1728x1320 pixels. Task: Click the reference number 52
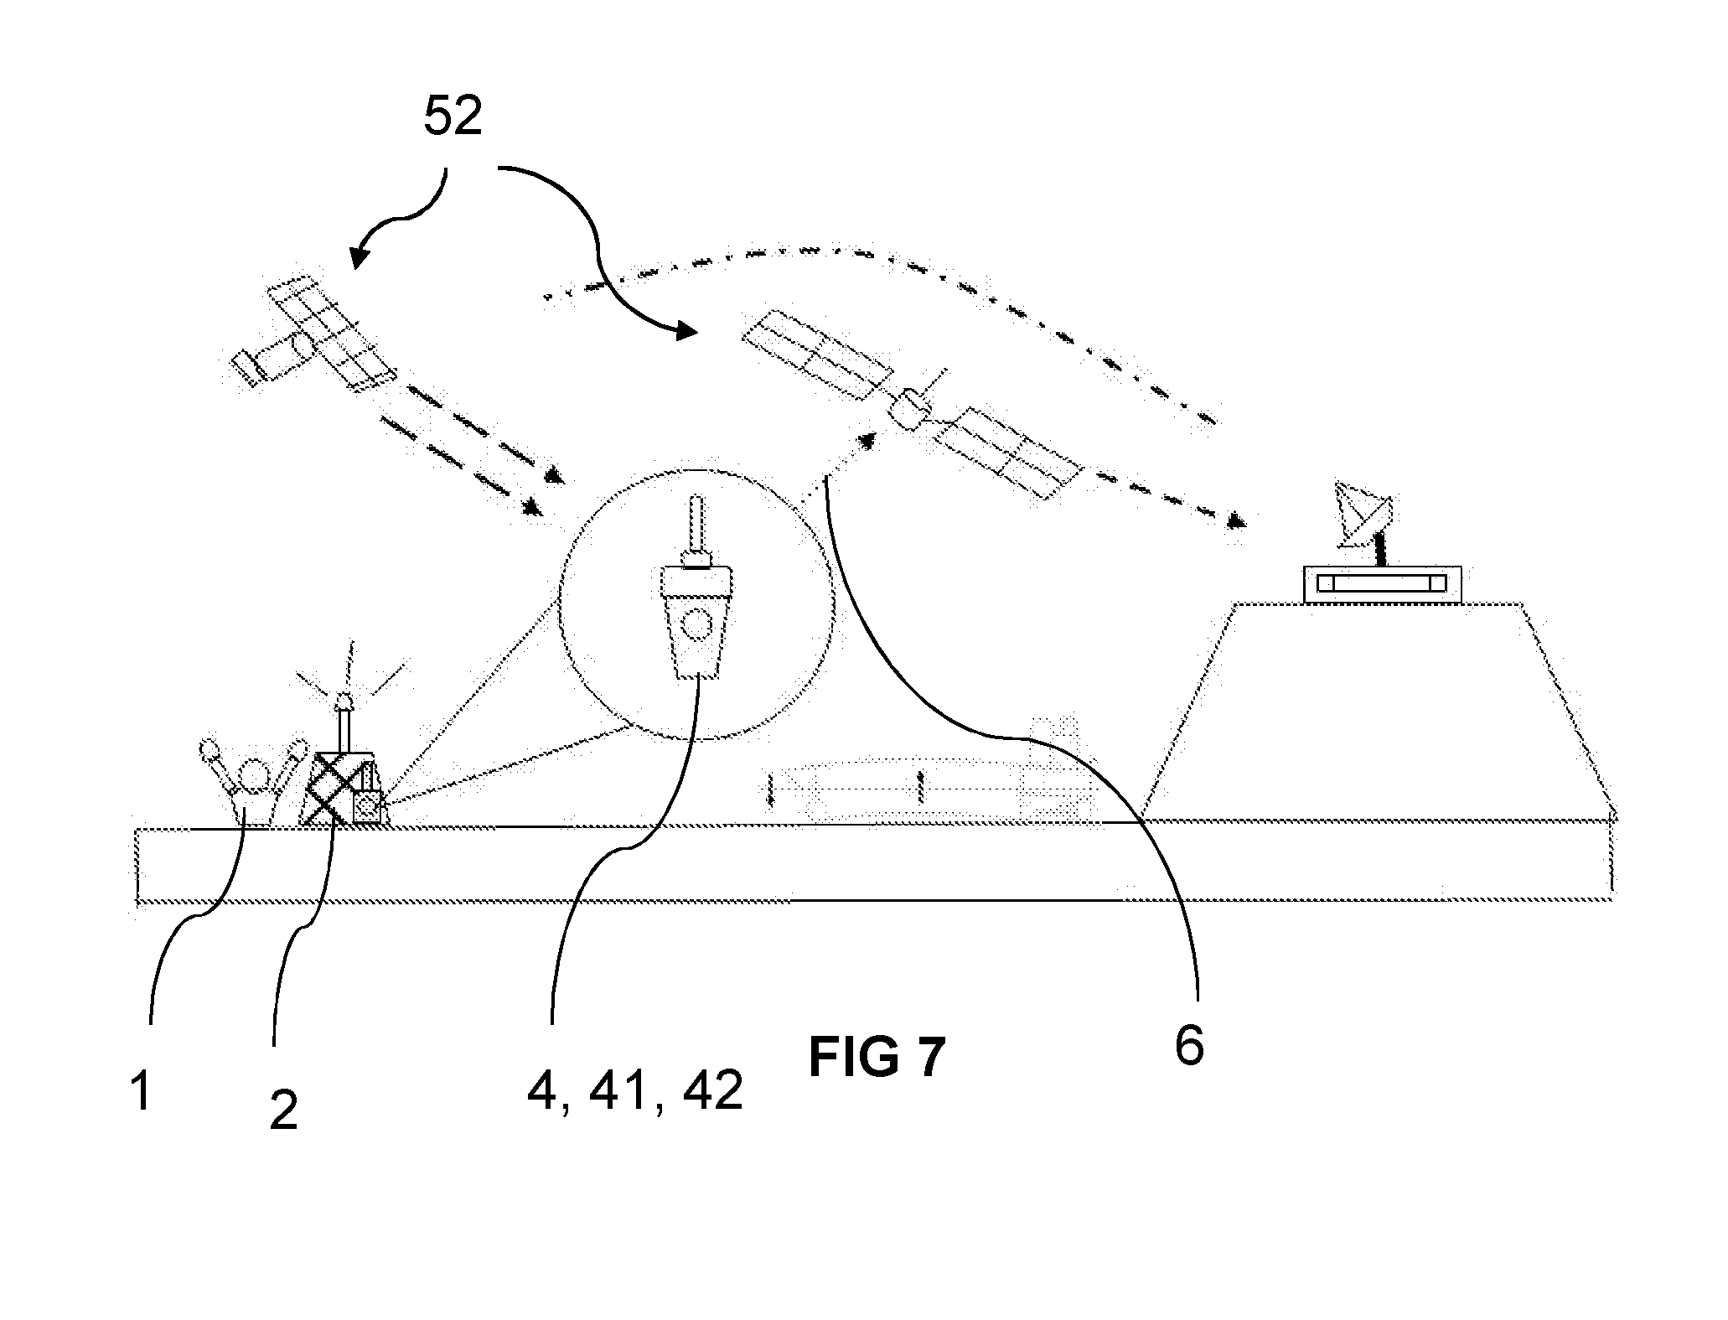(x=453, y=116)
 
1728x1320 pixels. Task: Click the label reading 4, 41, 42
(x=634, y=1092)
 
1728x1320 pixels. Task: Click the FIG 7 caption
(x=877, y=1057)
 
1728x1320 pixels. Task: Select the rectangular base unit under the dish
(x=1383, y=584)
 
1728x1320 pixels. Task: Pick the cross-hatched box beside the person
(x=334, y=788)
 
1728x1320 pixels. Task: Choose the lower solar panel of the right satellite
(x=1007, y=453)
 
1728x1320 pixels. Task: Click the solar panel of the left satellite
(x=332, y=333)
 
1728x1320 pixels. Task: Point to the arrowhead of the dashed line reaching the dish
(x=1234, y=521)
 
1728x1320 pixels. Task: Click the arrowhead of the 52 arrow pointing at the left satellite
(x=358, y=256)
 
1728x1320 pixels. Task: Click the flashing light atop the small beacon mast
(x=342, y=698)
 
